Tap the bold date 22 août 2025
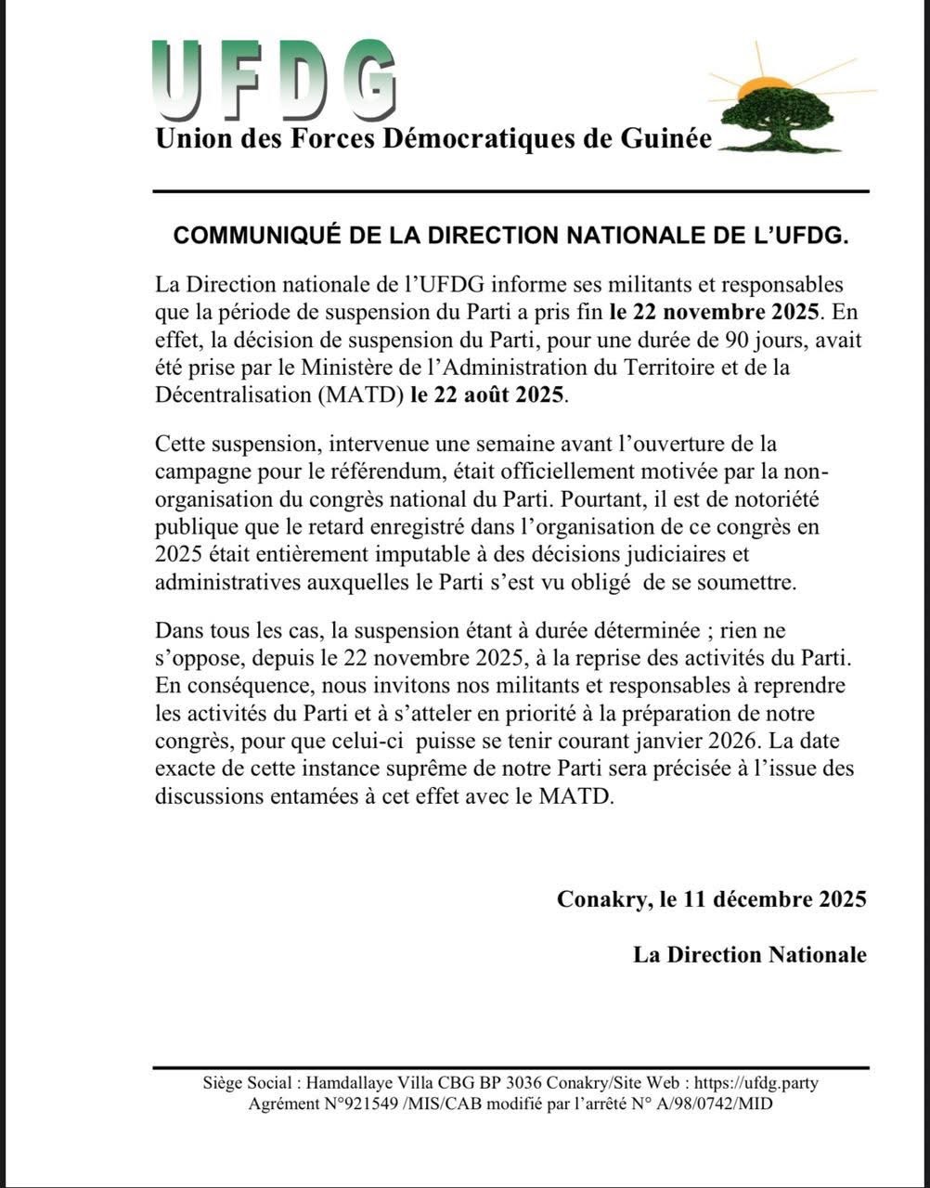[486, 394]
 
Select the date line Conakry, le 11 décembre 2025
[712, 899]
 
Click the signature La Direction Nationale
[750, 955]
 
